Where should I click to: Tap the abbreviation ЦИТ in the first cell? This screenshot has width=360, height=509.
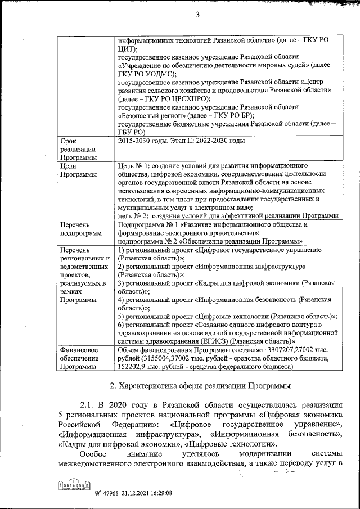pyautogui.click(x=127, y=49)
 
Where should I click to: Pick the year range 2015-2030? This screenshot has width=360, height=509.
pyautogui.click(x=136, y=142)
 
